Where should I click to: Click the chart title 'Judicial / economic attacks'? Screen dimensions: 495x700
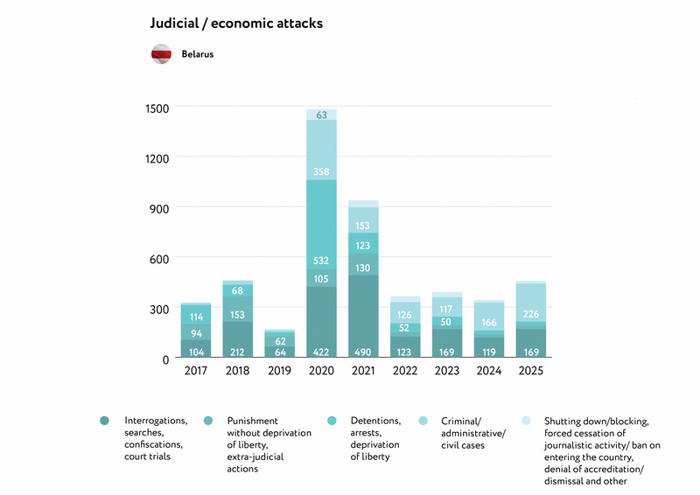point(236,24)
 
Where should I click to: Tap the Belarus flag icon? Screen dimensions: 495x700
point(162,53)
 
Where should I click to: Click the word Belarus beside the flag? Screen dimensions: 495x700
point(198,54)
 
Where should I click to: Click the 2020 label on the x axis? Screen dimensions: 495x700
point(320,371)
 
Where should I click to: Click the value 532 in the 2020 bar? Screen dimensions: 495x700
point(321,261)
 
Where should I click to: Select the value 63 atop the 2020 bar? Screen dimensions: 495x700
point(321,115)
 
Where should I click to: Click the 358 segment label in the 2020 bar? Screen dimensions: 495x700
point(321,171)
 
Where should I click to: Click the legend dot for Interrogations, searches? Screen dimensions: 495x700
point(105,421)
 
